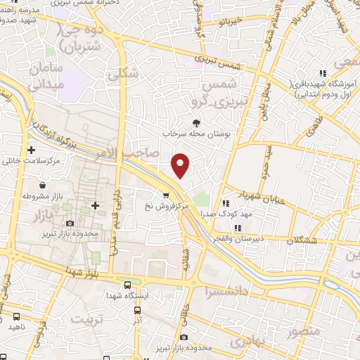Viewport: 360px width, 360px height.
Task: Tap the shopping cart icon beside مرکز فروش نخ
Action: (x=166, y=195)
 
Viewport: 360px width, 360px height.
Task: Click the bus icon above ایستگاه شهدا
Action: (x=127, y=285)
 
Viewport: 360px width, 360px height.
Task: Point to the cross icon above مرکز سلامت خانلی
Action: (x=32, y=150)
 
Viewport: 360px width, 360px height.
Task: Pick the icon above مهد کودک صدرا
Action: (x=226, y=203)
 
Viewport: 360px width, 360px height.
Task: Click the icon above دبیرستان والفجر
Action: (x=238, y=228)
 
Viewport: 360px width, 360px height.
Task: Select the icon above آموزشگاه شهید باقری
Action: (x=323, y=73)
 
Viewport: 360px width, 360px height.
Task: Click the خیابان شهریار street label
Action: (x=264, y=197)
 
